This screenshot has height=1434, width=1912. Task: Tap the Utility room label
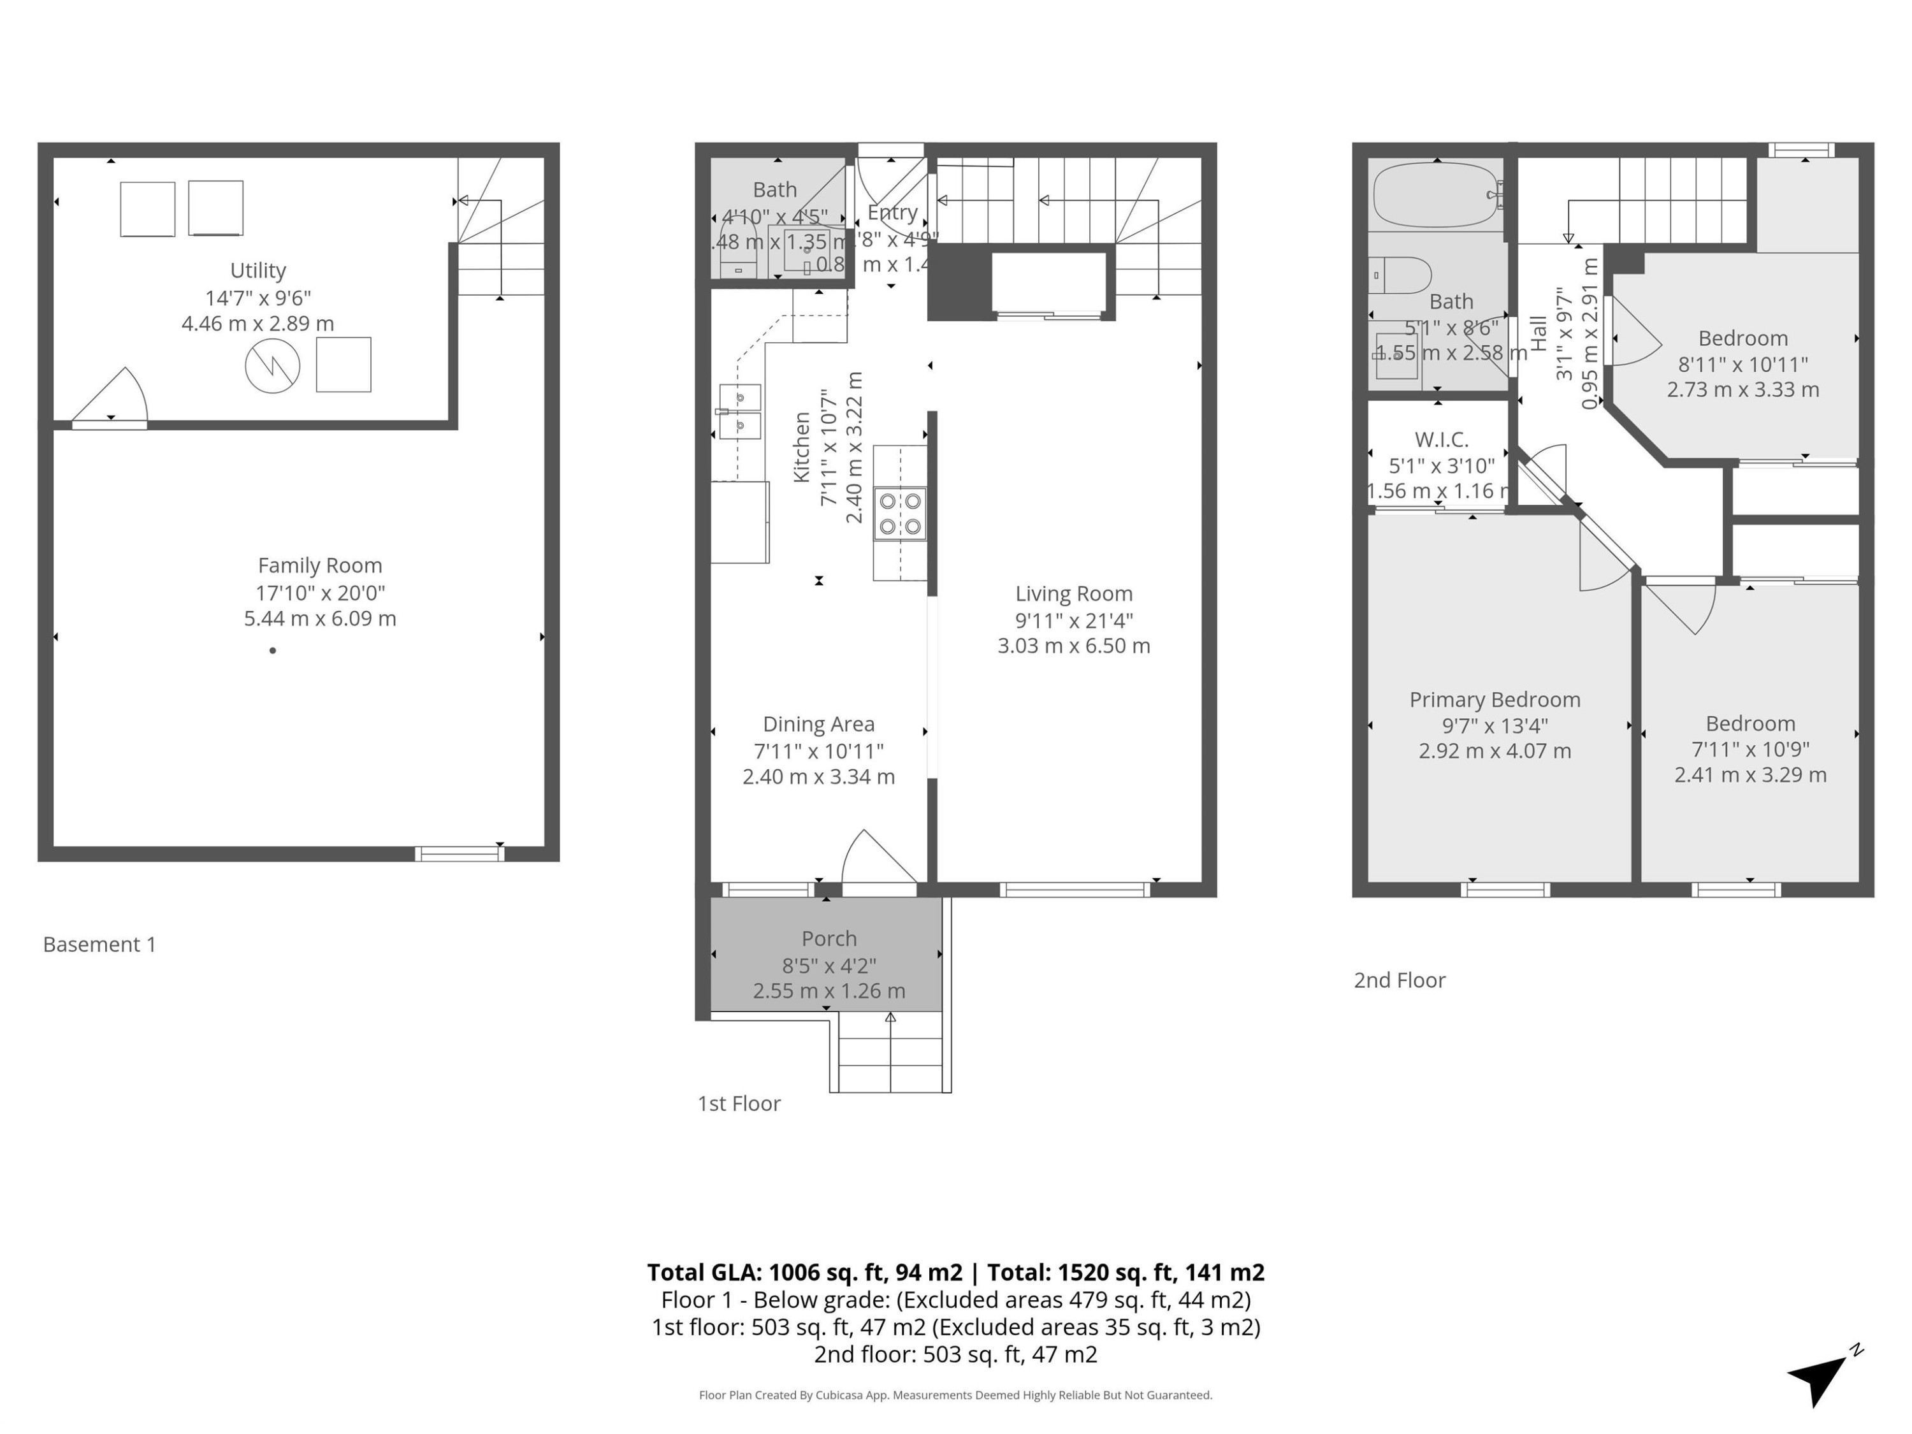257,271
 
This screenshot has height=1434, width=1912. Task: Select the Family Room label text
320,565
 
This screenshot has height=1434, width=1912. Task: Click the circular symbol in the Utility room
272,366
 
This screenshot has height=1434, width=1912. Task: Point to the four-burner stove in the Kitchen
900,514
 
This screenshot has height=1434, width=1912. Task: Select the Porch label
829,939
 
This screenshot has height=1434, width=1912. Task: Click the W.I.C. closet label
1441,439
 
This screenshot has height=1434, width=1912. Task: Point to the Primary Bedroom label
1495,699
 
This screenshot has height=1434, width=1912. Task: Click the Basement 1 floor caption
99,944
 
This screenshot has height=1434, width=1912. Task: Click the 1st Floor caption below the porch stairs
739,1103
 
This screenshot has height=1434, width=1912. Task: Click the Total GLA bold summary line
955,1272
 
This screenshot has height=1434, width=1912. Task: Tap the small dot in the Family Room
272,650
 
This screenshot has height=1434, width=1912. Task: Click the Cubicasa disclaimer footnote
955,1395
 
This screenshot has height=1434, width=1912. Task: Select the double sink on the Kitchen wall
739,412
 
